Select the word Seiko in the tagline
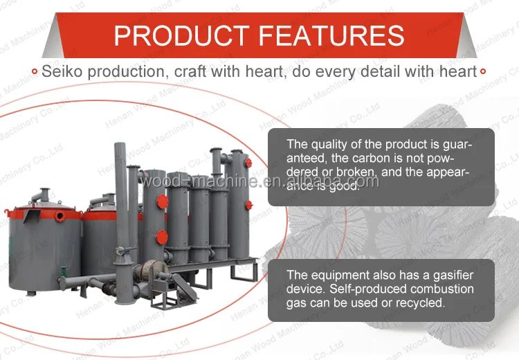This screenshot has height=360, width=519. (x=60, y=71)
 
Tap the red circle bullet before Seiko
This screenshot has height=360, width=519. (x=35, y=71)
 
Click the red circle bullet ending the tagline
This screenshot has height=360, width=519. (x=483, y=71)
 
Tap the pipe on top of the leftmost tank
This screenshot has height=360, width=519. (x=43, y=195)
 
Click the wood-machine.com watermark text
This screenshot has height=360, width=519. (x=259, y=181)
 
